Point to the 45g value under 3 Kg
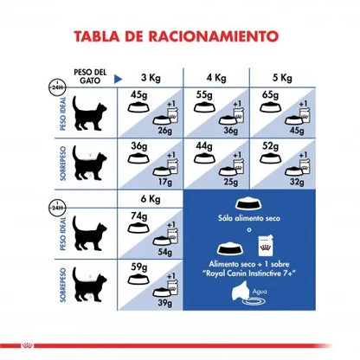(138, 95)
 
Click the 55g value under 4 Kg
(204, 95)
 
